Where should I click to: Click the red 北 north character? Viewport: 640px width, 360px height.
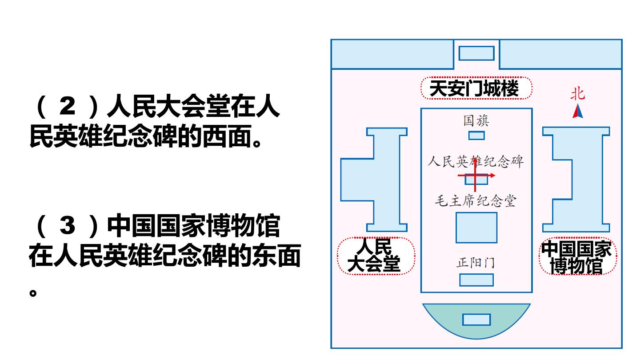578,94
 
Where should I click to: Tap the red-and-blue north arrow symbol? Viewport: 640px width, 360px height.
578,111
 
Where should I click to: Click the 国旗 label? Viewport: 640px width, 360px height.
476,120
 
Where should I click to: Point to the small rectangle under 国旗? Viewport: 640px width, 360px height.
476,136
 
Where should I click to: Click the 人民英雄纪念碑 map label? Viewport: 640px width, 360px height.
476,161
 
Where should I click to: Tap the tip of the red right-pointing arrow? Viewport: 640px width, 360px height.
495,176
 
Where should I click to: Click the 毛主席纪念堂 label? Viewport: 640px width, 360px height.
476,201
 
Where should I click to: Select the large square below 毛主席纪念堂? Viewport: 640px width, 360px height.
476,228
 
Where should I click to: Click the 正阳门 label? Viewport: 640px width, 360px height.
476,263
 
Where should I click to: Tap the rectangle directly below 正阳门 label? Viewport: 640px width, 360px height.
476,280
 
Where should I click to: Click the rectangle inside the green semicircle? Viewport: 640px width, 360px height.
476,320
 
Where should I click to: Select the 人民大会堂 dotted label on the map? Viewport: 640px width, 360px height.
376,256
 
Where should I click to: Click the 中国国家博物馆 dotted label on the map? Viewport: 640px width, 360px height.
578,256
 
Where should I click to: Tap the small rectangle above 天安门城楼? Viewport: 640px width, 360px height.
476,53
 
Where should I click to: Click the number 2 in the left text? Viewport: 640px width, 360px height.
68,106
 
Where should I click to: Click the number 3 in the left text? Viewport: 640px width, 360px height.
68,226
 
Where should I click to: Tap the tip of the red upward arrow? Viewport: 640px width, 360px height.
475,158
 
